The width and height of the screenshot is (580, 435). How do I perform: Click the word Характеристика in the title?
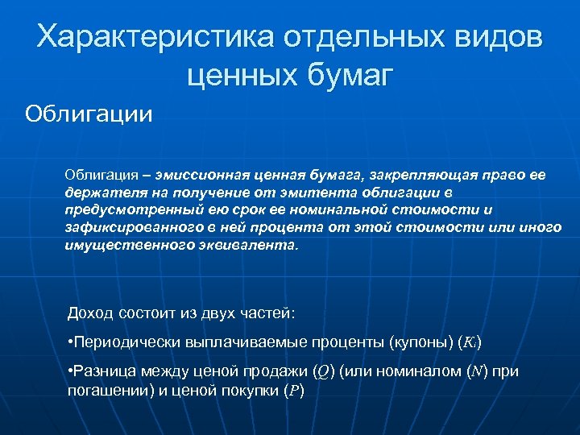pyautogui.click(x=152, y=37)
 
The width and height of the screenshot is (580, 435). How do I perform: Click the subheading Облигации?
pyautogui.click(x=88, y=112)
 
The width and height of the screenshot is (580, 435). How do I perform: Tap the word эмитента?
pyautogui.click(x=319, y=194)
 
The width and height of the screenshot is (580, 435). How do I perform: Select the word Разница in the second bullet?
pyautogui.click(x=101, y=371)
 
